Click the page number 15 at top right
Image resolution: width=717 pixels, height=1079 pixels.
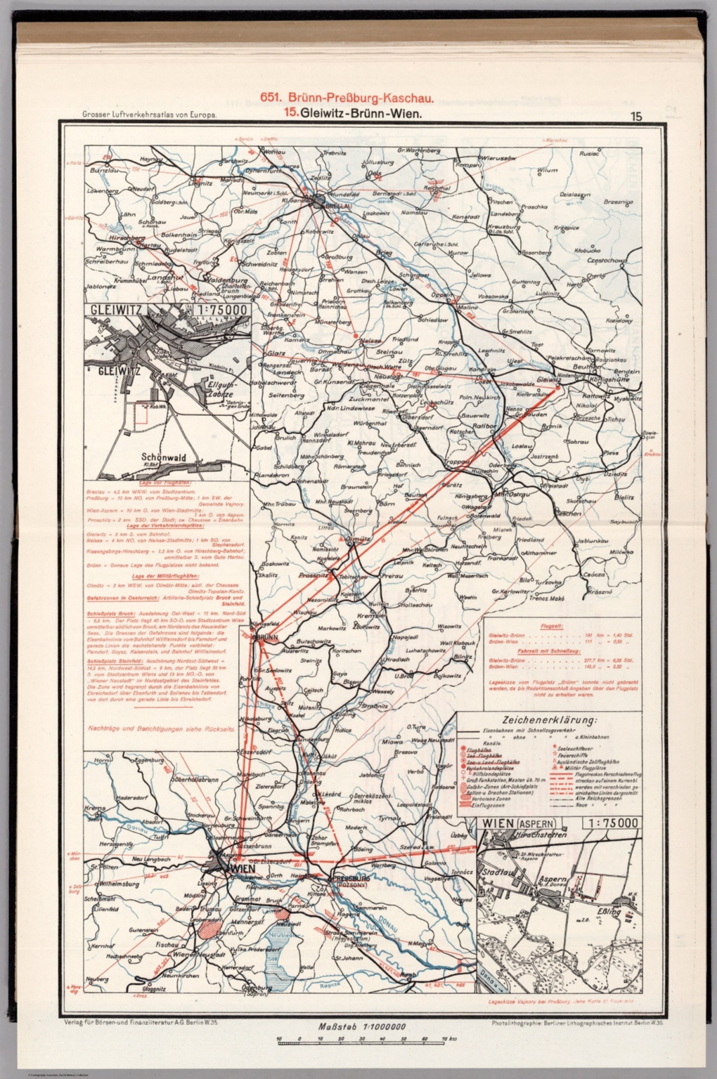click(x=636, y=117)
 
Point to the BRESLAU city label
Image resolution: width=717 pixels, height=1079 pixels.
click(x=333, y=207)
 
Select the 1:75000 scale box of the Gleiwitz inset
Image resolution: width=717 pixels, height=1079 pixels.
click(x=216, y=310)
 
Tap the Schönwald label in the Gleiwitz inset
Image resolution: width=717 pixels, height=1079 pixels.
click(x=162, y=457)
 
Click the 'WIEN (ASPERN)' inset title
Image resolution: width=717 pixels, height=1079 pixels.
click(x=518, y=823)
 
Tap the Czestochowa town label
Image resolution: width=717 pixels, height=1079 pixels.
click(x=606, y=261)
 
